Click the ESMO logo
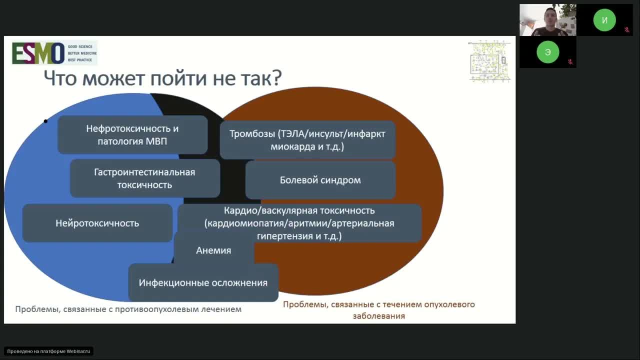(54, 53)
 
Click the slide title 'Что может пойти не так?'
(163, 78)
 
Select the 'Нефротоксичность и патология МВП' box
(132, 135)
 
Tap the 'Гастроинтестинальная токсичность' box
(144, 178)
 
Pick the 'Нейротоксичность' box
(97, 223)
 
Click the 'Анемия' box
(213, 250)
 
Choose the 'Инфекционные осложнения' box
(203, 283)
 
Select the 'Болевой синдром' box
(320, 180)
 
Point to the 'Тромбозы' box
(307, 140)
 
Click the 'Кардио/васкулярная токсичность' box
(299, 223)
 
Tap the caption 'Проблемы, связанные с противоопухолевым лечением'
(128, 309)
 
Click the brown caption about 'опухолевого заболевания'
(378, 310)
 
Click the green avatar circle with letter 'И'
(604, 20)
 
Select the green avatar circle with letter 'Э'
(548, 52)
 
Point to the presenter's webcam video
(547, 20)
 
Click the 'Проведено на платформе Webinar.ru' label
(49, 351)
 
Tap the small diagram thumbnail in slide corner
(489, 61)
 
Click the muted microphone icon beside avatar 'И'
(627, 29)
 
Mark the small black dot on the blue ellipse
(45, 121)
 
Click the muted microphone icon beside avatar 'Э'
(570, 62)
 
